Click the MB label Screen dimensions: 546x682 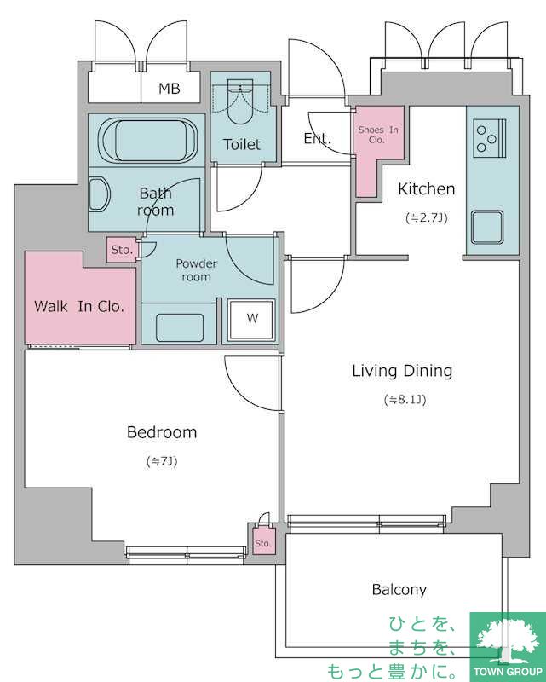pyautogui.click(x=170, y=89)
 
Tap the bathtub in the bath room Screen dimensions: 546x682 pyautogui.click(x=147, y=141)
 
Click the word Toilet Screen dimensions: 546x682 pyautogui.click(x=242, y=144)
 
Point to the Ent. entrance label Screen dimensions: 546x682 pyautogui.click(x=318, y=138)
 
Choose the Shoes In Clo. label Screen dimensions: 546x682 pyautogui.click(x=377, y=135)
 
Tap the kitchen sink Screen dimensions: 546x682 pyautogui.click(x=488, y=227)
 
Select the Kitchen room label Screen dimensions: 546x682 pyautogui.click(x=427, y=188)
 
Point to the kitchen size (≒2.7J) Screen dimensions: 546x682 pyautogui.click(x=427, y=217)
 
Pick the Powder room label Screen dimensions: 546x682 pyautogui.click(x=197, y=270)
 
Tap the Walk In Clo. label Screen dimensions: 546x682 pyautogui.click(x=79, y=306)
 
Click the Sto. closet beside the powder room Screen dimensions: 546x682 pyautogui.click(x=122, y=250)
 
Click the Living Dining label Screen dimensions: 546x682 pyautogui.click(x=402, y=371)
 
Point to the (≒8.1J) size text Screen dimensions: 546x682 pyautogui.click(x=405, y=399)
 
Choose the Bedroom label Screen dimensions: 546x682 pyautogui.click(x=162, y=432)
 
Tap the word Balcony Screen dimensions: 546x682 pyautogui.click(x=399, y=590)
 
